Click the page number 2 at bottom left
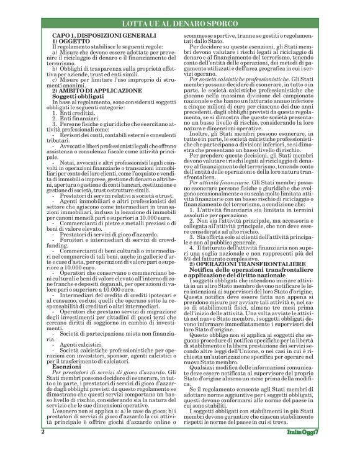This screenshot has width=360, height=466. [x=42, y=448]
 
